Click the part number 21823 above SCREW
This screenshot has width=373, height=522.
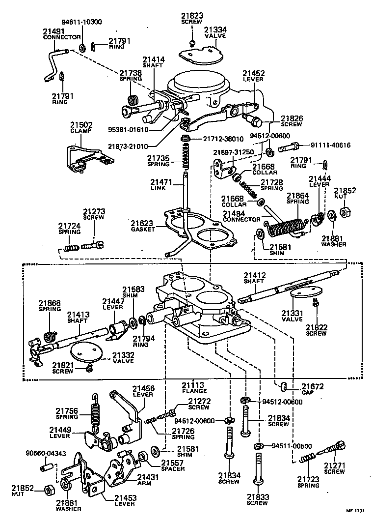tap(192, 16)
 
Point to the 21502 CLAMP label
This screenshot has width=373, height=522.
tap(80, 128)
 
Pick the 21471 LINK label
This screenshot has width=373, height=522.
tap(161, 185)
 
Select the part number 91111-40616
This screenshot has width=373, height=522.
tap(331, 145)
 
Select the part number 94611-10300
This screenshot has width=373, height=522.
tap(81, 22)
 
